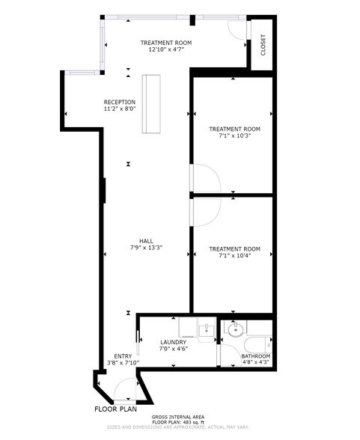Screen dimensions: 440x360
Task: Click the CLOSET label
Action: coord(263,46)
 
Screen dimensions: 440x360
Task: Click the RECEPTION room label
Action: coord(120,103)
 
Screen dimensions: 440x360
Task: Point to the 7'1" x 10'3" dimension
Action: coord(234,136)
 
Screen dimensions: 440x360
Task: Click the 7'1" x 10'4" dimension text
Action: coord(234,256)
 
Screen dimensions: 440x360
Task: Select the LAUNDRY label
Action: coord(173,342)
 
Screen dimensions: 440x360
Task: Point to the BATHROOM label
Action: coord(255,355)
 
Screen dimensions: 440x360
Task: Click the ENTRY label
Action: coord(123,355)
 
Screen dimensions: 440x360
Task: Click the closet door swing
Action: coord(237,30)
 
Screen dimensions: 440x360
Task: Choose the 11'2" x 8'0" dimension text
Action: coord(120,110)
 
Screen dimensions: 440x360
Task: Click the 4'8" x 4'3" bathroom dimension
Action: coord(255,362)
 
